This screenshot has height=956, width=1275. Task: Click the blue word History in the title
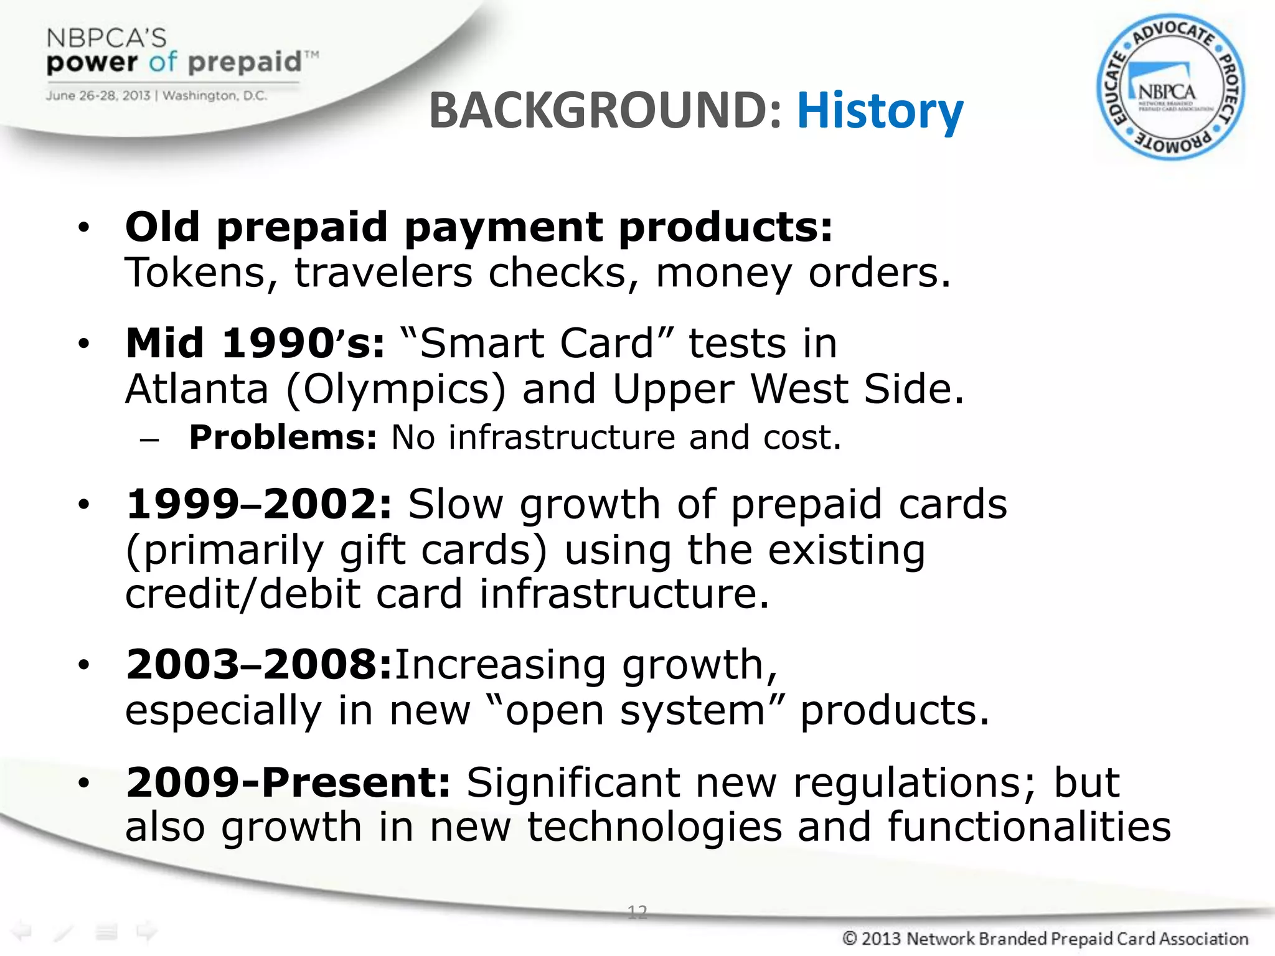(880, 111)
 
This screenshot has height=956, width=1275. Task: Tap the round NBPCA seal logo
(1170, 87)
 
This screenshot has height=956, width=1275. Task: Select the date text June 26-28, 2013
(98, 96)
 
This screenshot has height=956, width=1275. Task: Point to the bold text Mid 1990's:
(255, 344)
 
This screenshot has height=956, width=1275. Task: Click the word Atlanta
(197, 390)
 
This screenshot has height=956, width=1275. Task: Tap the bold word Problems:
(283, 438)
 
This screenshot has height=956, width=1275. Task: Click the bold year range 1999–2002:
(259, 504)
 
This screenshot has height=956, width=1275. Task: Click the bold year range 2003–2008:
(259, 665)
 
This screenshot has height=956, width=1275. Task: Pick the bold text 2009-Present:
(288, 782)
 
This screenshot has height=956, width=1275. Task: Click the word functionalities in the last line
(1028, 827)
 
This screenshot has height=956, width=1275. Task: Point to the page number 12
(637, 912)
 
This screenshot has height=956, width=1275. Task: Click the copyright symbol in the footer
(849, 938)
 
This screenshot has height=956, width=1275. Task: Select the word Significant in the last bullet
(573, 782)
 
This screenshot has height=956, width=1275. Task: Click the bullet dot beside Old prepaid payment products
(84, 228)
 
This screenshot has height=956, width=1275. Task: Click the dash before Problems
(149, 439)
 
